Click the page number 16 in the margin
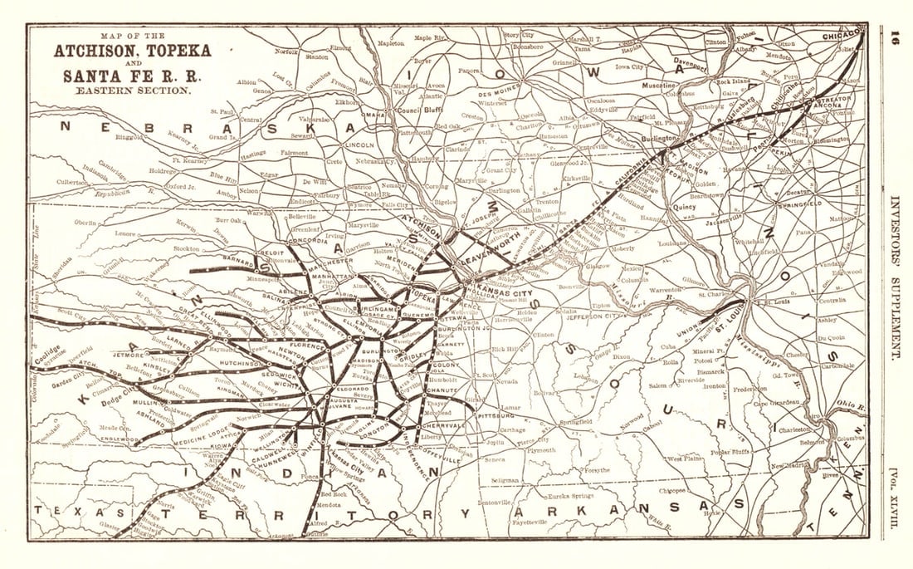pos(895,39)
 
